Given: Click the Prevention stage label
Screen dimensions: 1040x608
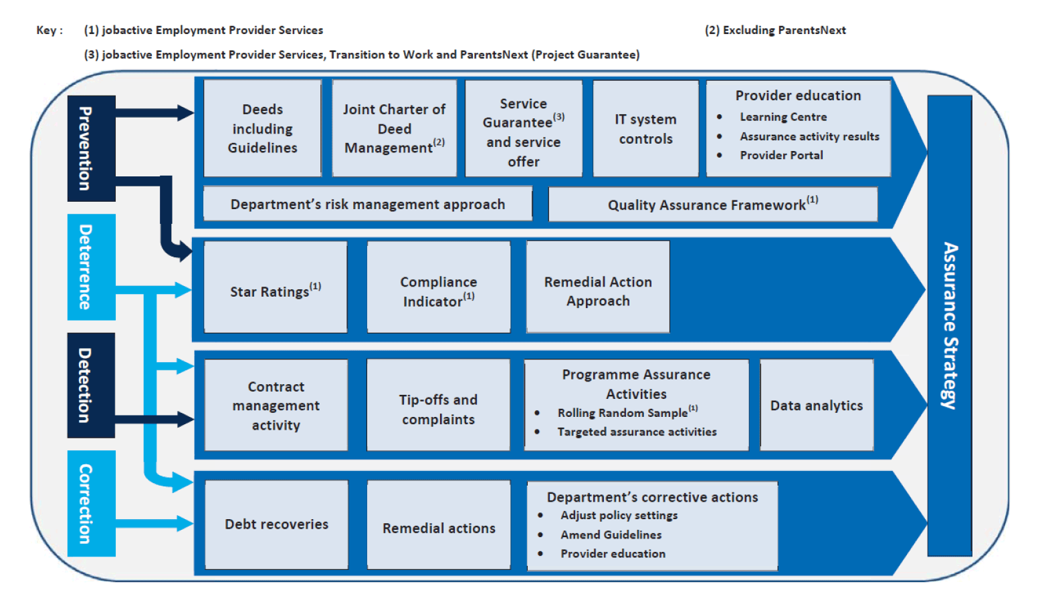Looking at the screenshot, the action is click(91, 148).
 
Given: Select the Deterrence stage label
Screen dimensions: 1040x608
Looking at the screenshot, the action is click(91, 267).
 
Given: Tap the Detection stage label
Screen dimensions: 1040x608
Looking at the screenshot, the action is click(91, 386).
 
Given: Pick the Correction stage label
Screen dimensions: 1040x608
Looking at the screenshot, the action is click(91, 504).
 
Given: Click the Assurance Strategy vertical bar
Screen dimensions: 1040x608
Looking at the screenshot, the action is click(950, 325).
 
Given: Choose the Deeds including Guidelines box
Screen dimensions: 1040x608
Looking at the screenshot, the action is click(262, 128).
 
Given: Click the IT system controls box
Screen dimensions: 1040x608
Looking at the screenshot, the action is click(645, 128).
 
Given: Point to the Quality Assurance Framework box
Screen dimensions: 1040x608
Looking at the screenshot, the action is click(713, 204).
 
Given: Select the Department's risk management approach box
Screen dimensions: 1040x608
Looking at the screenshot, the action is click(368, 204).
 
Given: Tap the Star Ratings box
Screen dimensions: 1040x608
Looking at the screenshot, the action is click(276, 287).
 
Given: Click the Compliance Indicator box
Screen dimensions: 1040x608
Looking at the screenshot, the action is click(438, 287).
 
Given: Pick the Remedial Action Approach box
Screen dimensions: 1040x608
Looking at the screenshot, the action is click(598, 287).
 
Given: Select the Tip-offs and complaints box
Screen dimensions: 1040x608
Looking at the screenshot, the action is click(438, 405).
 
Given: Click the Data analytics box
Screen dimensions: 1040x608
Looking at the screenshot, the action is click(817, 405).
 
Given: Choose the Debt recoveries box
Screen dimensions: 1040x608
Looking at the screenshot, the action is click(276, 524).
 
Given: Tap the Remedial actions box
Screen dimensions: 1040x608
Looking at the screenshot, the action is click(439, 524).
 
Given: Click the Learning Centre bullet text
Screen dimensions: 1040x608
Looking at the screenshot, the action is click(783, 117).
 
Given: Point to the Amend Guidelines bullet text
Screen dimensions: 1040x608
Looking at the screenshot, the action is click(611, 535).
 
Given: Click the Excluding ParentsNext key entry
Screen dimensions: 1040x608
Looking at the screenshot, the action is click(775, 30).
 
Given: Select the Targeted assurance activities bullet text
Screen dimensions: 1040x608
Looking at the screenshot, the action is click(637, 432).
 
